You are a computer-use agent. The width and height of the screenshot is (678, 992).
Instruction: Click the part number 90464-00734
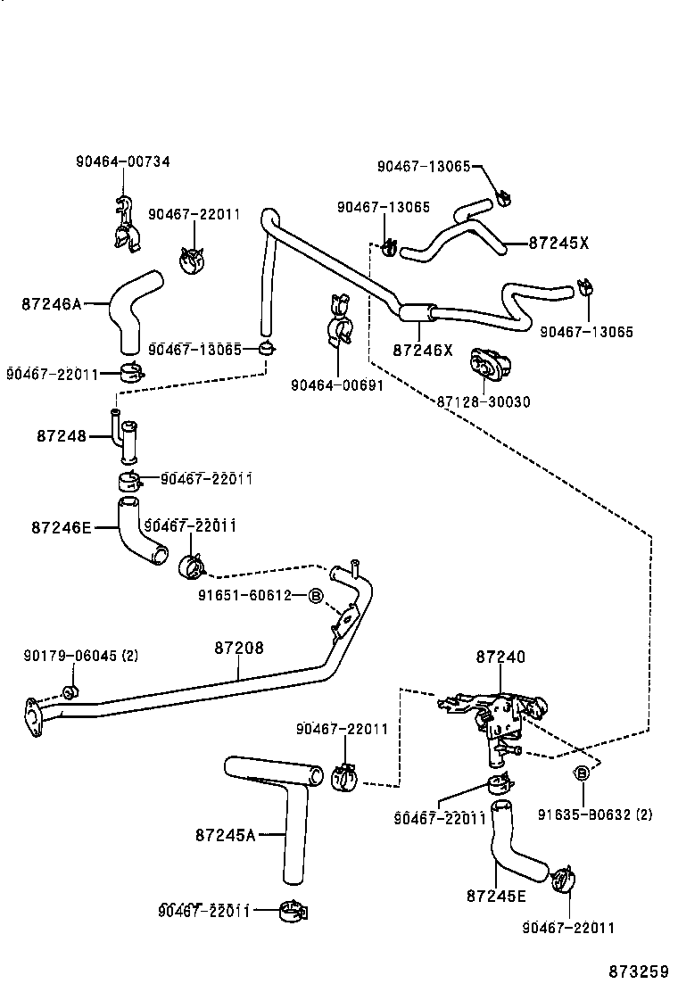point(122,161)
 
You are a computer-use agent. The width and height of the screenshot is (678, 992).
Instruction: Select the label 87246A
point(51,304)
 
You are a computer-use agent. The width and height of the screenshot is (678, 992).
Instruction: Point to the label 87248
point(62,436)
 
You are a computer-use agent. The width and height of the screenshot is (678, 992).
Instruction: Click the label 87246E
point(61,527)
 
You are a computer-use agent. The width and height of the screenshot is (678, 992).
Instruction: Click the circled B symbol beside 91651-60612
point(314,595)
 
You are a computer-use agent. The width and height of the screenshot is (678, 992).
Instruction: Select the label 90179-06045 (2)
point(81,656)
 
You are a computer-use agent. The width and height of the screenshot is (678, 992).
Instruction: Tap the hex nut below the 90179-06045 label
point(70,691)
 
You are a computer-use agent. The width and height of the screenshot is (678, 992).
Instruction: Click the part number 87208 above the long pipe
point(238,649)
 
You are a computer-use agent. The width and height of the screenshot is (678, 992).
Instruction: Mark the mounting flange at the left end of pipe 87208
point(34,716)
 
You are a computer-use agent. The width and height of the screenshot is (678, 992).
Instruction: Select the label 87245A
point(225,835)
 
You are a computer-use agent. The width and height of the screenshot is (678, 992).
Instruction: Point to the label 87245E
point(495,895)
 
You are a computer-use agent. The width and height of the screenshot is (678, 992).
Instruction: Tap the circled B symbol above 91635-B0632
point(582,773)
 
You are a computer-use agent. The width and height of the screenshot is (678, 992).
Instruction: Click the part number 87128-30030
point(483,402)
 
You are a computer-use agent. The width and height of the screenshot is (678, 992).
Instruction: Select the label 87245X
point(558,242)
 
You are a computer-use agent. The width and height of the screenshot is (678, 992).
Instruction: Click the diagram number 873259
point(639,971)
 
